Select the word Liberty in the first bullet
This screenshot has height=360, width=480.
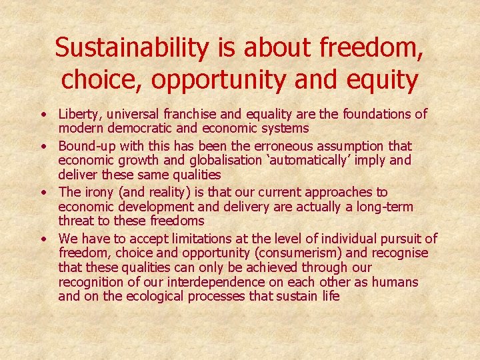(x=80, y=115)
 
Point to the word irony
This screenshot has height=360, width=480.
(x=99, y=191)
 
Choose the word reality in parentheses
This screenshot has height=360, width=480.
(x=169, y=191)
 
